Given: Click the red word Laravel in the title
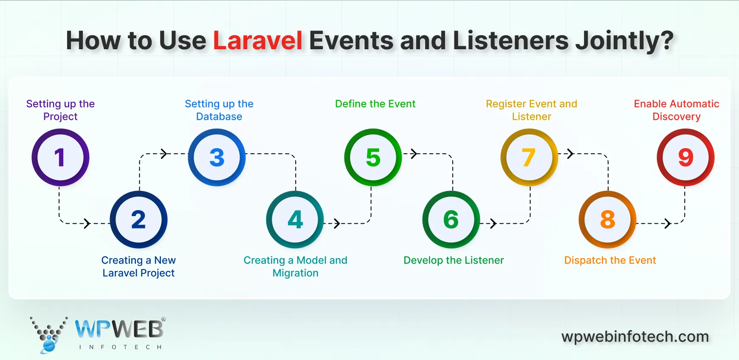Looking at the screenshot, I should (257, 41).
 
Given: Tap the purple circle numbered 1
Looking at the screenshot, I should (60, 157).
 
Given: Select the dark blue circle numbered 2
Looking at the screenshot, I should (138, 219).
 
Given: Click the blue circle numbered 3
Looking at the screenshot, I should (217, 157).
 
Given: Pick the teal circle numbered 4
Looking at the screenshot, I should (295, 219).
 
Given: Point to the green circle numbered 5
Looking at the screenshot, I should (373, 157).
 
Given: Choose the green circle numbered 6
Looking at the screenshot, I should (451, 219).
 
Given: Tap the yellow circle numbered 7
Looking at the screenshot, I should (529, 157).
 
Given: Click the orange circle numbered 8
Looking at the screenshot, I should (607, 219).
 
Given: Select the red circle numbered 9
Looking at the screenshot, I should (685, 157).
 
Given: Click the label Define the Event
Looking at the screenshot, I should (375, 104).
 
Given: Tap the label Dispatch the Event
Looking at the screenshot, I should (610, 260).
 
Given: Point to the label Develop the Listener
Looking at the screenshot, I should (454, 260).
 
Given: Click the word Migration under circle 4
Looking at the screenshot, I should (295, 273).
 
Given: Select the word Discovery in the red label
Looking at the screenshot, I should (676, 117).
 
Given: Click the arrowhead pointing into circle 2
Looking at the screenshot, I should (87, 223).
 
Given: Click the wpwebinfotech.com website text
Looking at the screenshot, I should (635, 337).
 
